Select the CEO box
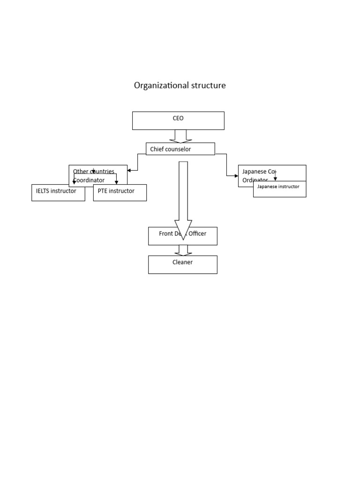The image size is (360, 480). [178, 120]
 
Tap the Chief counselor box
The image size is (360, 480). [180, 149]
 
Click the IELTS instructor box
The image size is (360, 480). [58, 193]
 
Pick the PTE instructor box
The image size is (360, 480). [120, 193]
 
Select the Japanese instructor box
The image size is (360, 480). [279, 189]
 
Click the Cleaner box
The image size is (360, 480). [182, 264]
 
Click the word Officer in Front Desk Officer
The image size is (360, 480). [197, 233]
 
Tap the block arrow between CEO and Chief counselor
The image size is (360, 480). [180, 136]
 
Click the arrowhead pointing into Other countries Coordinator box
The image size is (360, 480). [129, 171]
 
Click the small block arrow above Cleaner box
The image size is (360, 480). [183, 250]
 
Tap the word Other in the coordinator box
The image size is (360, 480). [81, 172]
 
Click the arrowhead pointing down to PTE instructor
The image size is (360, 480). [116, 182]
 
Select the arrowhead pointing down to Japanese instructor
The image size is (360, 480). [275, 179]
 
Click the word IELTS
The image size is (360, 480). [44, 191]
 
